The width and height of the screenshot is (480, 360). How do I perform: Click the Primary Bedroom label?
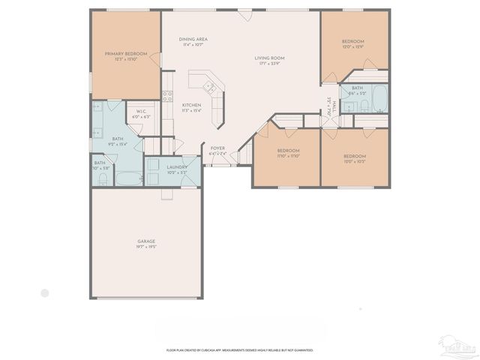pos(125,53)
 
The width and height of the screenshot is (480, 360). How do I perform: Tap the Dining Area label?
pos(193,39)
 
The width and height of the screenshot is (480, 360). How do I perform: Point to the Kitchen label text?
pos(192,104)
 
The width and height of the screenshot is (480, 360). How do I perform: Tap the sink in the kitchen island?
pos(211,88)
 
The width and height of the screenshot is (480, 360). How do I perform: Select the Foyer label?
pos(217,148)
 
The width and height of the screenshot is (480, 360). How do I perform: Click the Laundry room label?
pos(177,167)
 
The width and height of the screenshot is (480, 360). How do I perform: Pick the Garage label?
pos(146,241)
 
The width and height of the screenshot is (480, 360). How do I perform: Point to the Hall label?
pos(334,104)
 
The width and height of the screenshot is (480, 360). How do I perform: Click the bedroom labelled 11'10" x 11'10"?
pos(289,157)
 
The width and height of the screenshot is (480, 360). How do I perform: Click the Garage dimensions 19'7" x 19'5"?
pos(146,247)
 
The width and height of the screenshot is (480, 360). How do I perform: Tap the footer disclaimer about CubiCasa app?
pos(240,349)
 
